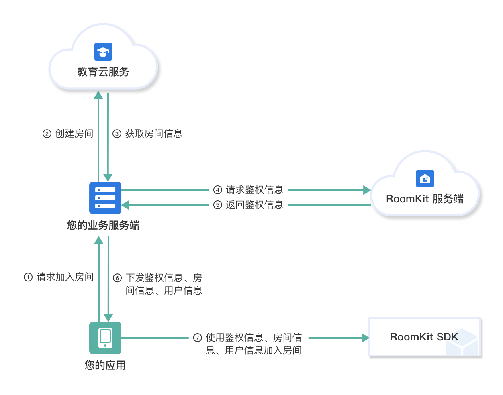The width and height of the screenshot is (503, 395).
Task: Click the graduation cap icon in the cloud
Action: coord(103,52)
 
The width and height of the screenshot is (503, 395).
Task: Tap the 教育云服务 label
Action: coord(103,72)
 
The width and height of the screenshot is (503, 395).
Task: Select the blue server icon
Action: coord(105,198)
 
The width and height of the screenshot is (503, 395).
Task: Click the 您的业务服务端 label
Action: coord(103,225)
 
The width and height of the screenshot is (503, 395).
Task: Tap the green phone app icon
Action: coord(105,338)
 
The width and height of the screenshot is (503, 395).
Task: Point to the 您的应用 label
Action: coord(105,365)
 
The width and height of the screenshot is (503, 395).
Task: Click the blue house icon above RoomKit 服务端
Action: coord(425,179)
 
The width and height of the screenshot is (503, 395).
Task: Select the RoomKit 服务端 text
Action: coord(425,199)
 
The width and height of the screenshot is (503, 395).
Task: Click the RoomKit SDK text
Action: coord(424,337)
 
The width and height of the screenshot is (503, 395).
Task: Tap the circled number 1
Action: coord(28,277)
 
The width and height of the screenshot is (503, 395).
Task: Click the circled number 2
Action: coord(47,134)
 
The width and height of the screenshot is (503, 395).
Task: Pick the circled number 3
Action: coord(117,134)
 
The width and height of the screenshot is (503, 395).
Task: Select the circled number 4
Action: coord(218,190)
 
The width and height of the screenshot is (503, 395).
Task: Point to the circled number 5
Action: coord(218,205)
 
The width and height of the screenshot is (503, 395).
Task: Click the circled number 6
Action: coord(117,278)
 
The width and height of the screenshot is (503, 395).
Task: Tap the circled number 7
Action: coord(198,338)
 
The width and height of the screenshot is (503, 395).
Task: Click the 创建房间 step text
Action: coord(74,134)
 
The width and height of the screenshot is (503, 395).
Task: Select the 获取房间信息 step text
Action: coord(154,134)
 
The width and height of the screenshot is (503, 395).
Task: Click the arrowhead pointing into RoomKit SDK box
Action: coord(365,338)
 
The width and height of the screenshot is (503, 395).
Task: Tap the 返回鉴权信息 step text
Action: coord(254,205)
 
